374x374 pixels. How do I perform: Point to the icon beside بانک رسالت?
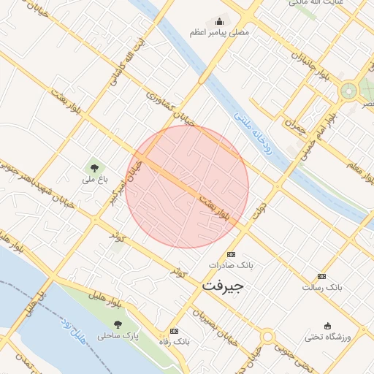pos(322,276)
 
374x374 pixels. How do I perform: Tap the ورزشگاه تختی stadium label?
pos(328,337)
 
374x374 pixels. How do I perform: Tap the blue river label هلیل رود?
pos(76,327)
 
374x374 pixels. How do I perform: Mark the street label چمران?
pos(294,125)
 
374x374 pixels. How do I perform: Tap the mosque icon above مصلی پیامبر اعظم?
pos(219,22)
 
